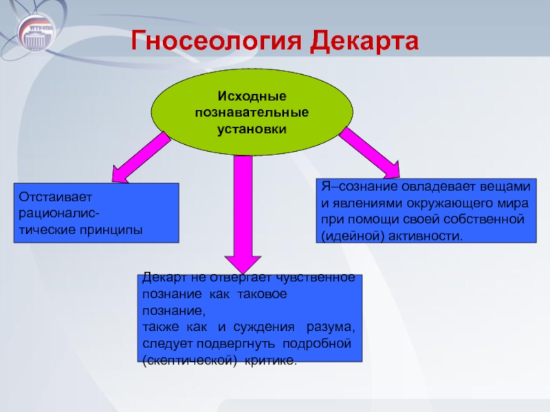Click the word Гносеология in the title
click(216, 41)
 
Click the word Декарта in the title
click(364, 41)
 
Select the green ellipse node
click(252, 112)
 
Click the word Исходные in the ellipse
click(252, 96)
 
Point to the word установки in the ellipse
click(252, 129)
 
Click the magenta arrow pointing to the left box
click(140, 157)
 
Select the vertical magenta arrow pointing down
click(243, 214)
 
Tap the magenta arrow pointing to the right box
click(370, 152)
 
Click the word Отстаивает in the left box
click(55, 197)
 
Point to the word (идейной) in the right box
click(353, 236)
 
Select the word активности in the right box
click(426, 236)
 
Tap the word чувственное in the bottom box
click(316, 277)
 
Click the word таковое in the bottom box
click(262, 294)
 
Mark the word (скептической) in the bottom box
click(190, 360)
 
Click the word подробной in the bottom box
click(317, 344)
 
